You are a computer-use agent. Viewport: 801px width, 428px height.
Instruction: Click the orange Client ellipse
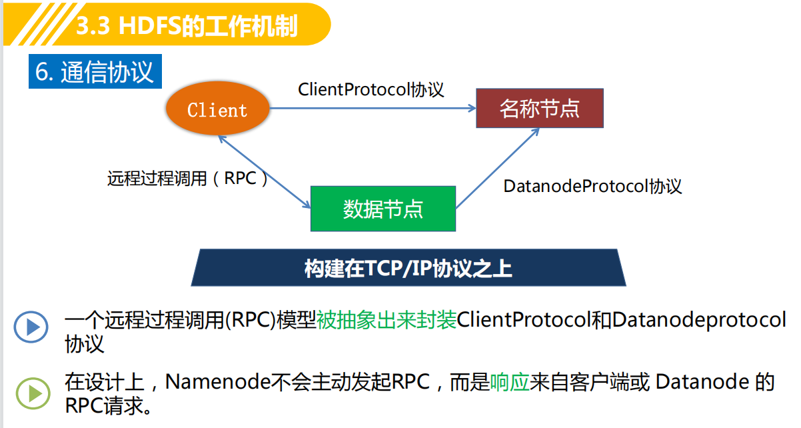[x=217, y=109]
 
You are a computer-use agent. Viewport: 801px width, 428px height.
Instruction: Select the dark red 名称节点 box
[x=540, y=108]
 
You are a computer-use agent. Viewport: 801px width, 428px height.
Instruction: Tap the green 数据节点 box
[x=383, y=209]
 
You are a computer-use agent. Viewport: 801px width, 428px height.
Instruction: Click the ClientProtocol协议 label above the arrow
[x=371, y=89]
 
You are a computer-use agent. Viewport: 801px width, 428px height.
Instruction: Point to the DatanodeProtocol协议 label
[x=592, y=186]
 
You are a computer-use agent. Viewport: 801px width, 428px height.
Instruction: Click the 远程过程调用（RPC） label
[x=187, y=178]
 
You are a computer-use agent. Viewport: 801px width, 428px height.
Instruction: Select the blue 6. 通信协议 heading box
[x=95, y=71]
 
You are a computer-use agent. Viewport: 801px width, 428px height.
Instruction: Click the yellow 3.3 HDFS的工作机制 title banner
[x=167, y=25]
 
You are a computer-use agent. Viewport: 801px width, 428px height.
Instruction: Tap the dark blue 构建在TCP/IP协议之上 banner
[x=408, y=268]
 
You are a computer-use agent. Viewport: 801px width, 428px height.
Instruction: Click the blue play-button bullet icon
[x=31, y=327]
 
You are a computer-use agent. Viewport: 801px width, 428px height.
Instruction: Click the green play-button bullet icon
[x=33, y=393]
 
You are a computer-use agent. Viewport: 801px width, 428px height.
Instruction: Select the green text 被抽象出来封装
[x=387, y=319]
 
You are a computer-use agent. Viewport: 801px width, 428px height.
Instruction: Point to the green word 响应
[x=510, y=382]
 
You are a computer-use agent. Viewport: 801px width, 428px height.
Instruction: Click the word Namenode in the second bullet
[x=217, y=382]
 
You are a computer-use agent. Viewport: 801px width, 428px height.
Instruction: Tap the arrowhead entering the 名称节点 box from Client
[x=472, y=108]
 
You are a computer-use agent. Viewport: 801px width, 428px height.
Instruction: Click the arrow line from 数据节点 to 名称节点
[x=497, y=168]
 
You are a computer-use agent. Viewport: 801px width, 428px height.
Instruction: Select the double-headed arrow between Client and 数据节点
[x=265, y=171]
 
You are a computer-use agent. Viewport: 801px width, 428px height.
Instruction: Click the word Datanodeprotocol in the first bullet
[x=699, y=320]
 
